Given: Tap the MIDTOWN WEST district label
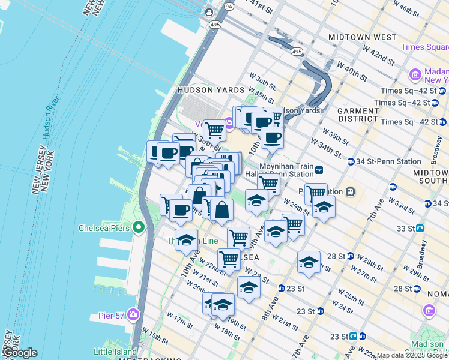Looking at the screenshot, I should click(x=363, y=37).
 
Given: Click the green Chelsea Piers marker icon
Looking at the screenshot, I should click(x=139, y=227).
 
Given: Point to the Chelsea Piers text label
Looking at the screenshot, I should click(x=105, y=228).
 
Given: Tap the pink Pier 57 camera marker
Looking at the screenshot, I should click(x=133, y=314).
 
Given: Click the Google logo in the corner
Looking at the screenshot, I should click(x=19, y=353).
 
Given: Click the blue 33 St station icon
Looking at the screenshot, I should click(x=420, y=228).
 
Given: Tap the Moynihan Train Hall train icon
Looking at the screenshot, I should click(x=320, y=170).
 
